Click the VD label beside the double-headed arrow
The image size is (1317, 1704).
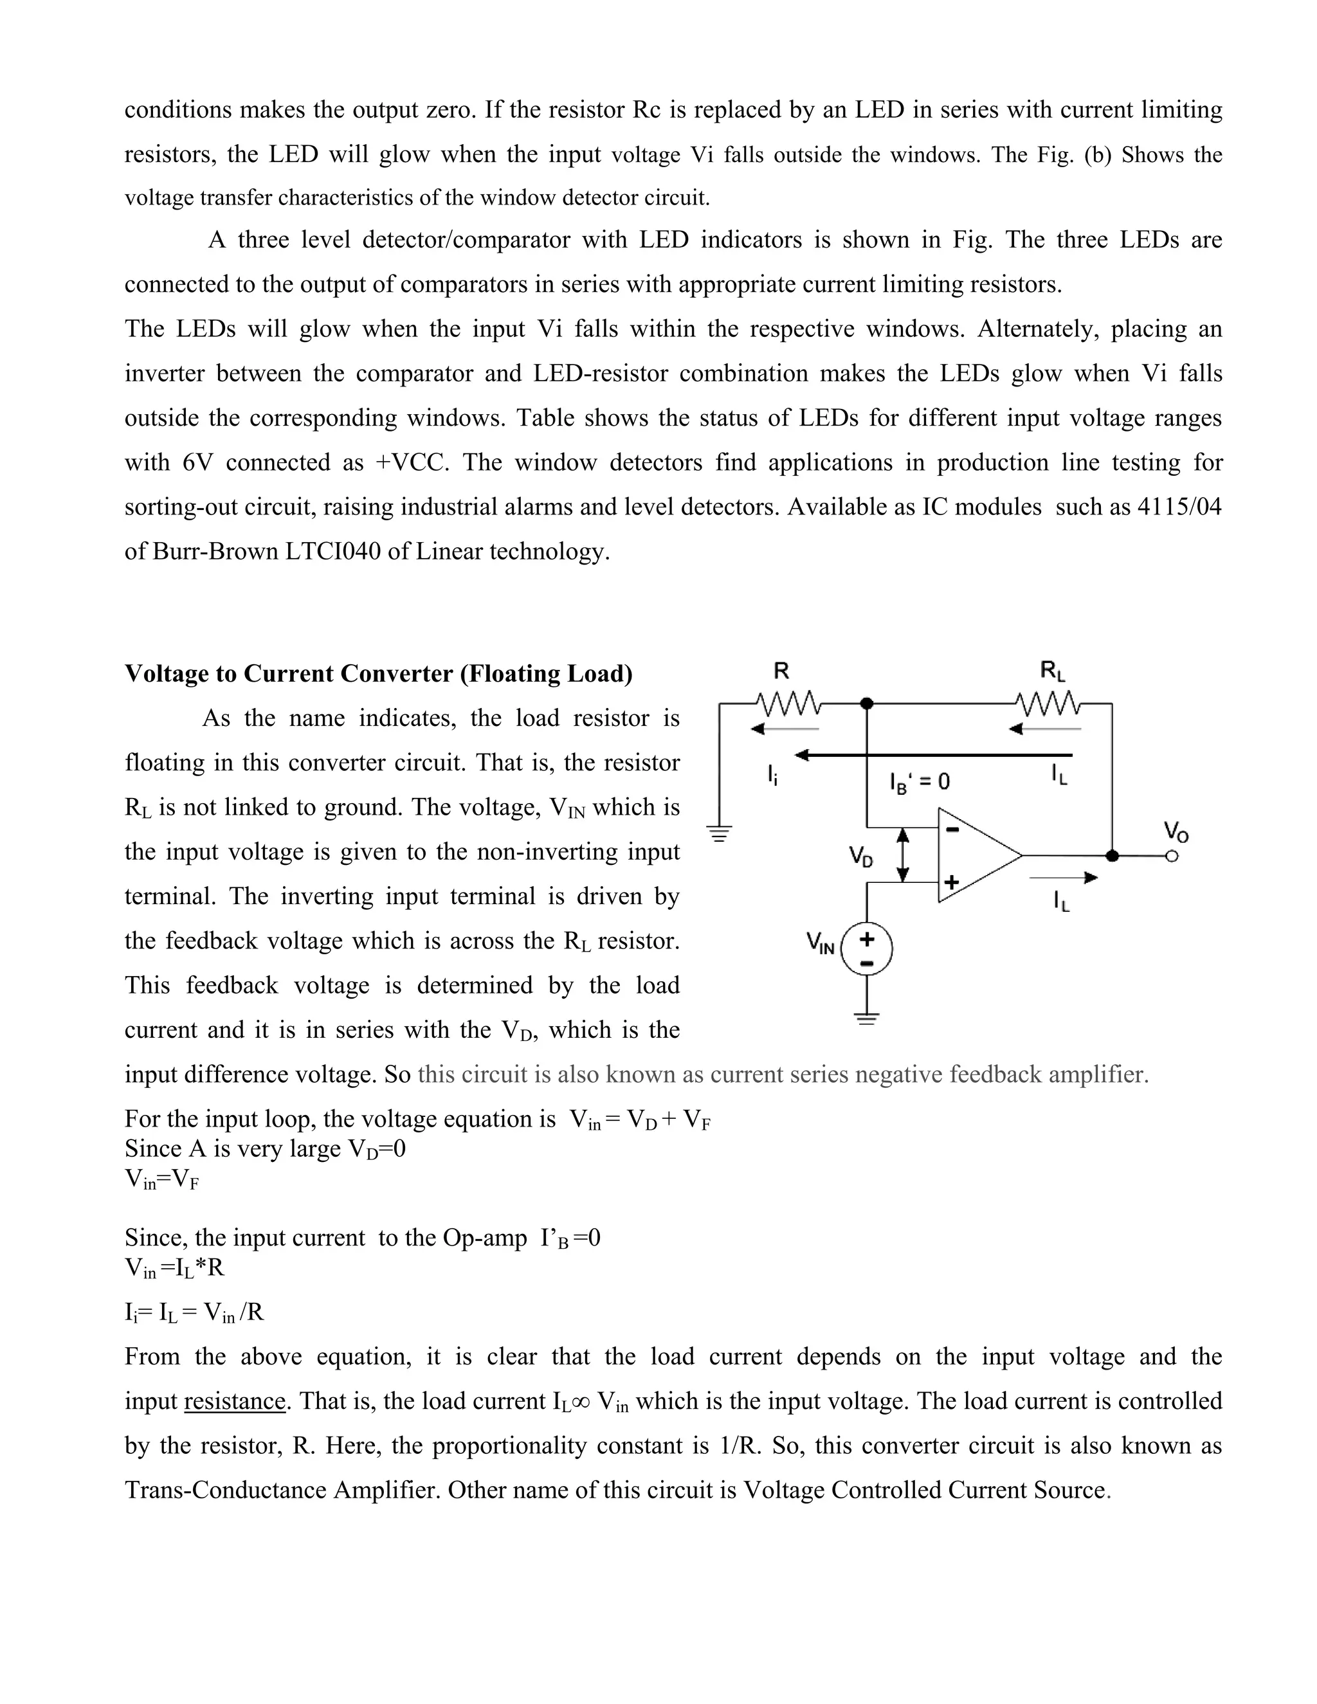(861, 857)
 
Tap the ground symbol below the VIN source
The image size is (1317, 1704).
(867, 1017)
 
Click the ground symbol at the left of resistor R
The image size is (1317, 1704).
(720, 834)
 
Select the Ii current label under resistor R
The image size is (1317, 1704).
(772, 775)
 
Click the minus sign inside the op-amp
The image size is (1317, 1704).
(952, 829)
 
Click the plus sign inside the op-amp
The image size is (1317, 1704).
(952, 882)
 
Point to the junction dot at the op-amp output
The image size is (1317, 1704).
(1113, 856)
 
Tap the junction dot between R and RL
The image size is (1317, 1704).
(867, 703)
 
